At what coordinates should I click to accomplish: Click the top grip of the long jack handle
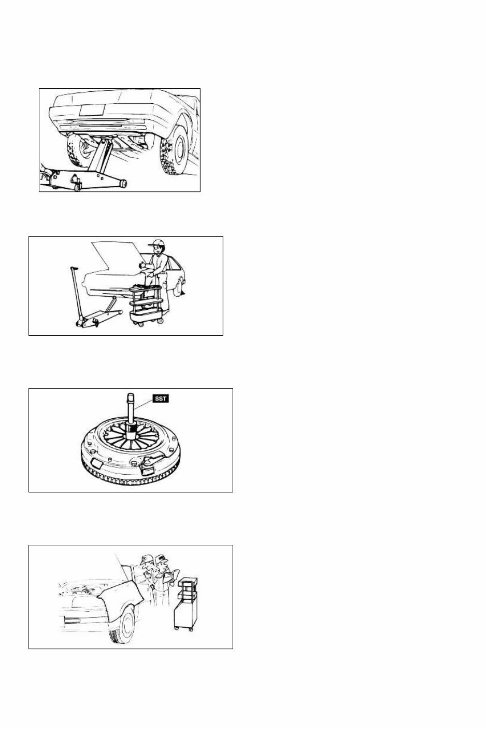pyautogui.click(x=73, y=268)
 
